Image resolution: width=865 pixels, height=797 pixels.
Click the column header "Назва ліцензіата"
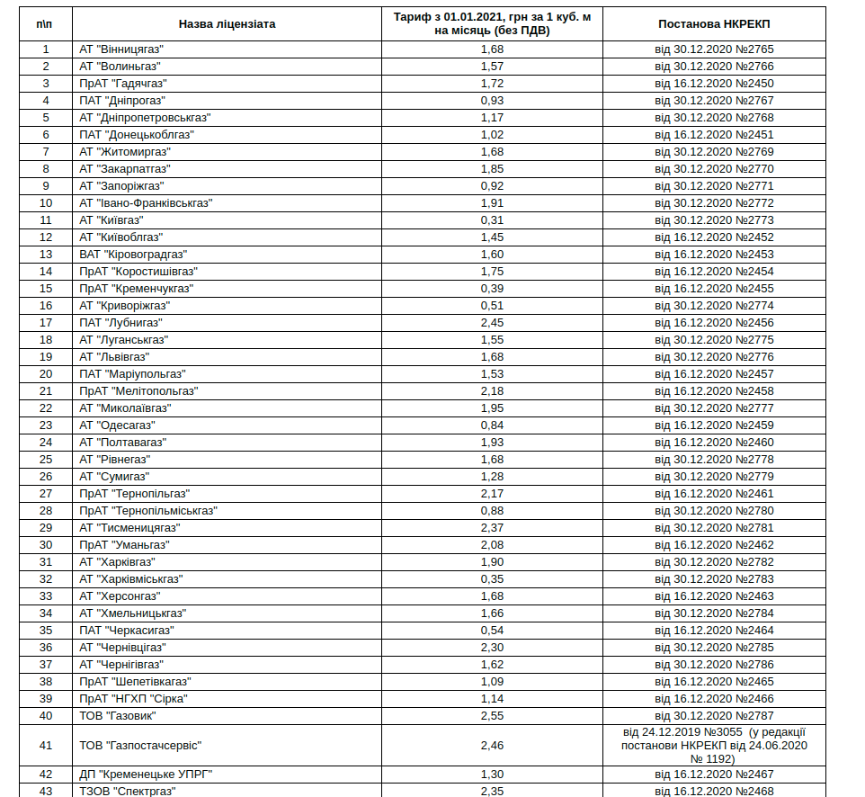coord(227,24)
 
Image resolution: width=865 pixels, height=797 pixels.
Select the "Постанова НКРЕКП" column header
coord(713,24)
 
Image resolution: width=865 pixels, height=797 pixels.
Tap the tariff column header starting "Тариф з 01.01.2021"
coord(492,24)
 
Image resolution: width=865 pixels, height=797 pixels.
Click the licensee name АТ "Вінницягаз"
coord(120,49)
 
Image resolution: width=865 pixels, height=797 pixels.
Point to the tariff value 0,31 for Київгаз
coord(492,220)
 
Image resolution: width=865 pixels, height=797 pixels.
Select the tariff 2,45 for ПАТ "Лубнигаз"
coord(492,323)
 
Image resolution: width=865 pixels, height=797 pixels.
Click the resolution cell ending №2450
coord(713,84)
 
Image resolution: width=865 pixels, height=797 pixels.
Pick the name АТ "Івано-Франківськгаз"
coord(146,203)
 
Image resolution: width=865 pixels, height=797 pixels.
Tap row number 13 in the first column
coord(46,255)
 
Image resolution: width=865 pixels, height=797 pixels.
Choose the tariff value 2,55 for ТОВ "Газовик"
coord(492,716)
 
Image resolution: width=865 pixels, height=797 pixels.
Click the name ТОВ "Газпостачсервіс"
coord(139,745)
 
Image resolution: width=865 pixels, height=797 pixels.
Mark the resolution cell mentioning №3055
coord(713,745)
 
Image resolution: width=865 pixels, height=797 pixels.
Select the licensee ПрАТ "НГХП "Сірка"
coord(133,699)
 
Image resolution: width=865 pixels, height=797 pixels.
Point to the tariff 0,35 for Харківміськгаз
coord(492,579)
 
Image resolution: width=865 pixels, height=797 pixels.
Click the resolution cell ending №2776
coord(713,357)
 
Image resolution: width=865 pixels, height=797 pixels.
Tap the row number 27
coord(46,494)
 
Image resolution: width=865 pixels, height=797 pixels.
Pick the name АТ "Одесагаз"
coord(117,425)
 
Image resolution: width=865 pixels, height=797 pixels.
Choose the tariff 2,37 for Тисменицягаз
coord(492,528)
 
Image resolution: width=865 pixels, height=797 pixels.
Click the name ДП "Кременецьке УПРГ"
coord(146,775)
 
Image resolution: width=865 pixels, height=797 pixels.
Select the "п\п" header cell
coord(46,24)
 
